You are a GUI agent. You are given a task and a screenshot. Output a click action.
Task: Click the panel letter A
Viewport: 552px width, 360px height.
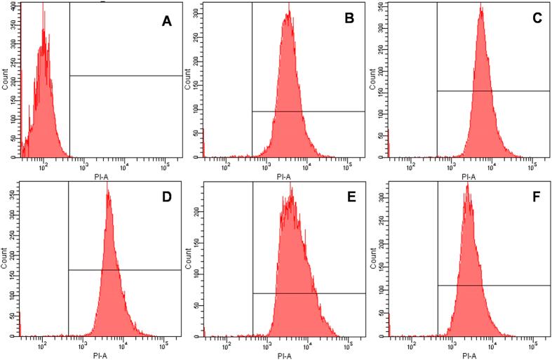click(166, 22)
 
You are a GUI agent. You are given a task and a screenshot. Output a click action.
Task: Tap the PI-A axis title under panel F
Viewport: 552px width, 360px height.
click(469, 356)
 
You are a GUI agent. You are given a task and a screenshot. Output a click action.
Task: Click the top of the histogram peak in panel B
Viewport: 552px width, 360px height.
click(288, 4)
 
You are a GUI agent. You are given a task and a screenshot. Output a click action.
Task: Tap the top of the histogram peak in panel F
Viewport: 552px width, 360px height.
click(467, 184)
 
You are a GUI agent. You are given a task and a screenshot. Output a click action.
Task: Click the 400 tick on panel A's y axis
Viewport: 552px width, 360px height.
click(15, 6)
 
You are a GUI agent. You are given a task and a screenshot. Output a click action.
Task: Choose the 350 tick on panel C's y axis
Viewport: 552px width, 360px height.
click(382, 6)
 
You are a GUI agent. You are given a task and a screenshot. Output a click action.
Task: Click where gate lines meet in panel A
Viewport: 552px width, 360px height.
click(70, 75)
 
